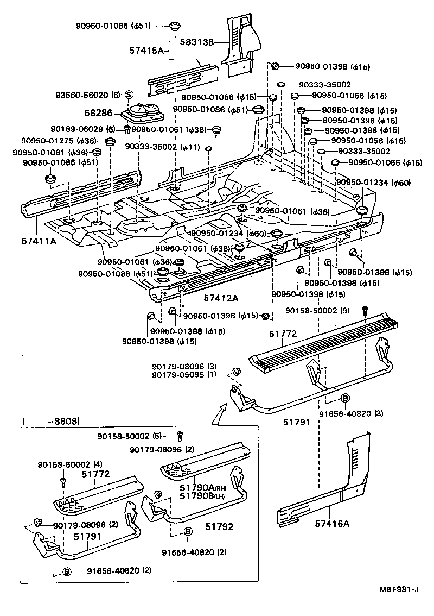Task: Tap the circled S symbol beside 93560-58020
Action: coord(129,95)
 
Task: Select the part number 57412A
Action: coord(221,298)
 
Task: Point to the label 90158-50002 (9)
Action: coord(323,311)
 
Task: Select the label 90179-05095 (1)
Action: coord(184,375)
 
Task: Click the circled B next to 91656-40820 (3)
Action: coord(345,398)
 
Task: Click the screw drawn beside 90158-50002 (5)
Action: coord(180,436)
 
